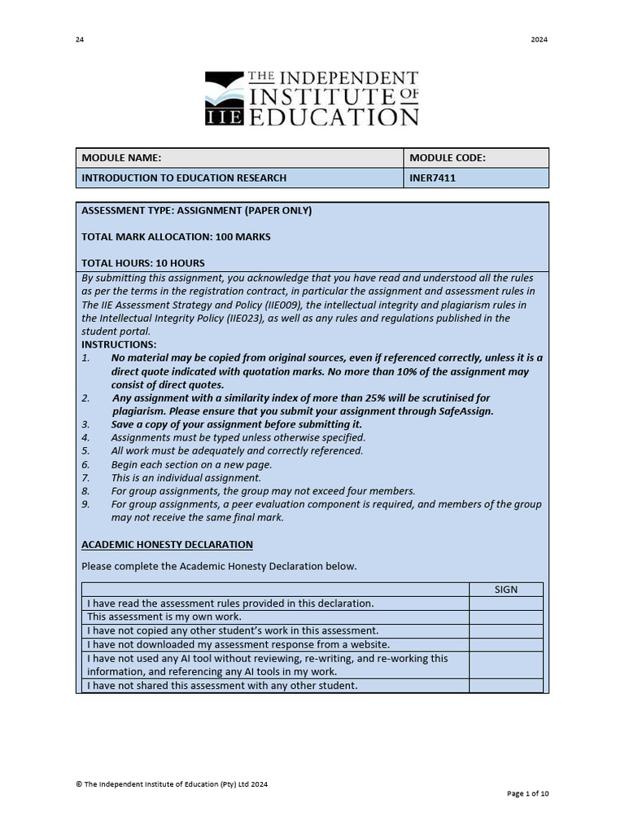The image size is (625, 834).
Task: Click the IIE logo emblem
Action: [224, 98]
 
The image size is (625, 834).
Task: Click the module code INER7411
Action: [432, 178]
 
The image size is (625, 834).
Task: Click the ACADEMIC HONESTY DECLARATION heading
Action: [167, 544]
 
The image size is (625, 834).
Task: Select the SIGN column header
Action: [505, 590]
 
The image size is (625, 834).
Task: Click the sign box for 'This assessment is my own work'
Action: [505, 617]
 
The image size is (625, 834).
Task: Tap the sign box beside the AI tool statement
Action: [505, 665]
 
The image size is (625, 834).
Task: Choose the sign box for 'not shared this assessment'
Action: [505, 686]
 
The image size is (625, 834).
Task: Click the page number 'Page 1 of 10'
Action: [527, 793]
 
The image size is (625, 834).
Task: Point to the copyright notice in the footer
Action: [172, 784]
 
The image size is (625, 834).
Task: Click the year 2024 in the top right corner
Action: [540, 40]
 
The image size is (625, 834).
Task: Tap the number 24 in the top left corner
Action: [80, 40]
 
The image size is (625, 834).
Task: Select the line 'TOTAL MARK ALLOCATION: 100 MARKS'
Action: [176, 237]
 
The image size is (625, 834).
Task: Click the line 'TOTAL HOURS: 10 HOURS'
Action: [143, 263]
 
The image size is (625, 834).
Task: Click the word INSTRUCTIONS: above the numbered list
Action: [119, 345]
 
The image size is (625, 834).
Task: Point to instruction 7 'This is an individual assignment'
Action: [186, 478]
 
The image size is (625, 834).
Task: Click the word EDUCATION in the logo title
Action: [333, 116]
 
